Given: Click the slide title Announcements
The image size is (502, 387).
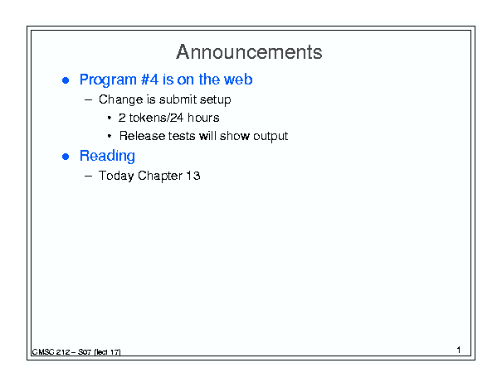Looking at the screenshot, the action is (x=249, y=52).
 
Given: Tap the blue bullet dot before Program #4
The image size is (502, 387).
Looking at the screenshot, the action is (x=66, y=80).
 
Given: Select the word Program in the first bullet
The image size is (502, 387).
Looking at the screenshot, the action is (x=108, y=80).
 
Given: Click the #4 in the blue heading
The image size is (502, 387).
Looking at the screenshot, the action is (x=149, y=80).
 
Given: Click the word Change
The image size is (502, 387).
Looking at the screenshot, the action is (x=120, y=99).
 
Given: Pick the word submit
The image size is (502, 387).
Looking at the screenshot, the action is (x=178, y=99).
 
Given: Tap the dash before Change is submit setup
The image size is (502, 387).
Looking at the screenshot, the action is (x=88, y=99).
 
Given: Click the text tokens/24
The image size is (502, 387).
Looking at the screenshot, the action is (x=156, y=118).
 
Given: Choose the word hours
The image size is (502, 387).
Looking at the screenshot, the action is (x=203, y=118).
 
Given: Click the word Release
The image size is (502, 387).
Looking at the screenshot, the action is (x=142, y=136).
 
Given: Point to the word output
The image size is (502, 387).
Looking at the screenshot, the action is (x=270, y=136).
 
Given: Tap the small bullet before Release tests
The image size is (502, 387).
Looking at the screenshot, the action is (x=110, y=136).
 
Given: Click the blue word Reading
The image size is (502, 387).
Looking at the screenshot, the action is (x=107, y=157).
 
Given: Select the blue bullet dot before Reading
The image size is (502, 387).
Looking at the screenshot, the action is (x=66, y=157).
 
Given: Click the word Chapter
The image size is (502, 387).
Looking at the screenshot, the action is (x=160, y=176).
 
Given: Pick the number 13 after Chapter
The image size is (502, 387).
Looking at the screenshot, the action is (x=193, y=176).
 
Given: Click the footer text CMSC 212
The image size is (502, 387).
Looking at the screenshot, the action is (x=51, y=352).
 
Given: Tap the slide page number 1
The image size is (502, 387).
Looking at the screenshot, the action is (x=459, y=350).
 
